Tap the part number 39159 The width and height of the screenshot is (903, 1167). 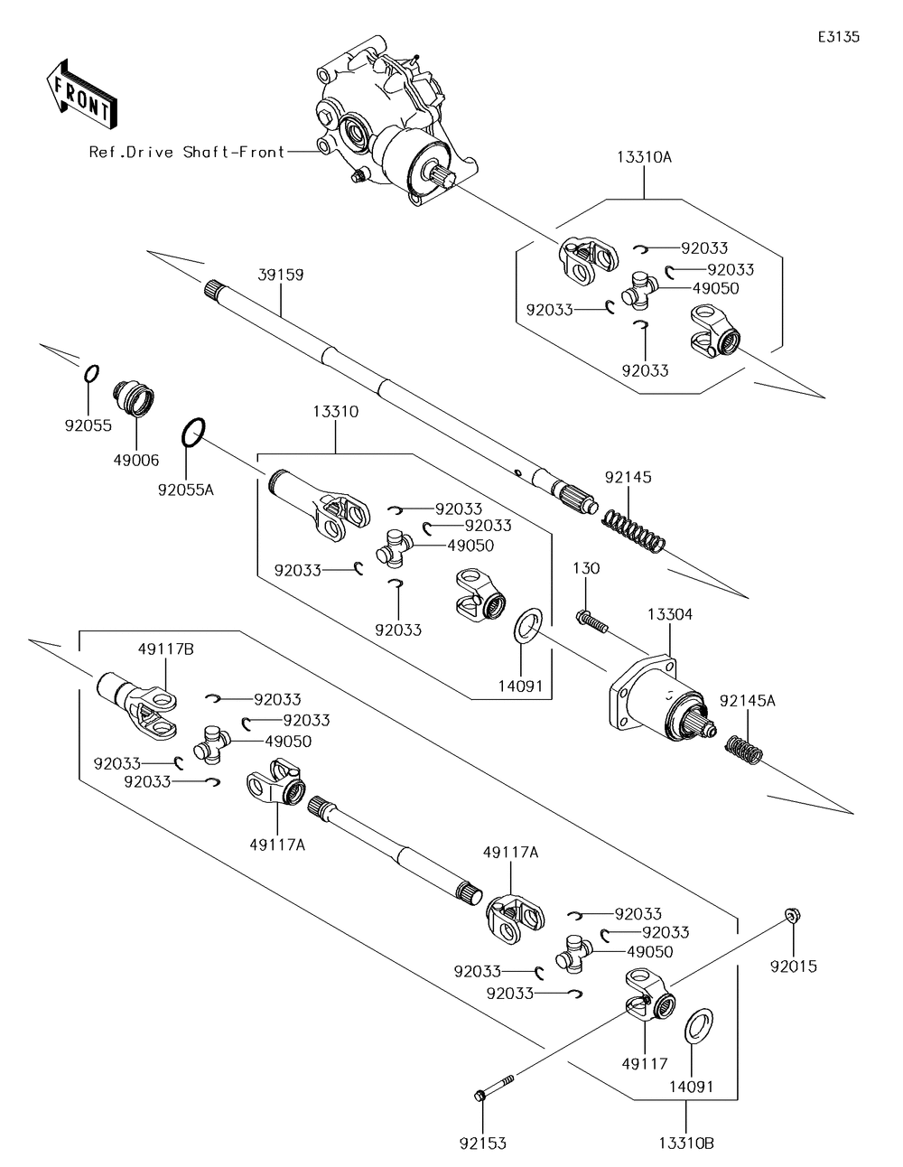[281, 275]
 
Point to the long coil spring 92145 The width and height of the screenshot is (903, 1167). [634, 528]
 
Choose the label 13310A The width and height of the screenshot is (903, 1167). [644, 156]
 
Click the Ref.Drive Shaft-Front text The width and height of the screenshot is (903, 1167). [186, 152]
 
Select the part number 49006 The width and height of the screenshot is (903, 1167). [135, 460]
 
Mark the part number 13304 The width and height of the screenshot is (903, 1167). [669, 614]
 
